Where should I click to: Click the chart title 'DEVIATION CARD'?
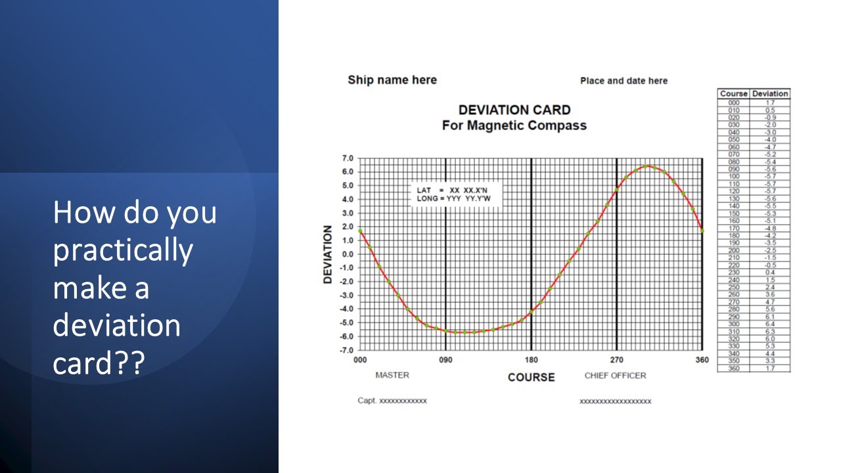tap(514, 110)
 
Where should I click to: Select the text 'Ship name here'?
tap(392, 80)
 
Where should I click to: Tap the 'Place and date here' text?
tap(624, 81)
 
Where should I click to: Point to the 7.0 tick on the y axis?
tap(346, 158)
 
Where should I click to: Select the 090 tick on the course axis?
tap(445, 360)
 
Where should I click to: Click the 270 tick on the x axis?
tap(616, 360)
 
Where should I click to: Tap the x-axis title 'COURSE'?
tap(531, 377)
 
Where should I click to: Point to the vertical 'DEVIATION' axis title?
tap(328, 254)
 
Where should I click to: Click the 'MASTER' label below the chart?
tap(392, 375)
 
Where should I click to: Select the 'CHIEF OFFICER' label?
tap(615, 376)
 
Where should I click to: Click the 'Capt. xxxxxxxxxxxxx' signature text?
tap(392, 401)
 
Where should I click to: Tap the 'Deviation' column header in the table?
tap(769, 94)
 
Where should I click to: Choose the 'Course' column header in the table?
tap(733, 94)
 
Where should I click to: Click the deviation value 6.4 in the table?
tap(769, 324)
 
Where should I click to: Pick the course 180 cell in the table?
tap(733, 235)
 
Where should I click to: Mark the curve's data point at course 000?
tap(360, 231)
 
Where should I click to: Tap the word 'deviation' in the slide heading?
tap(116, 325)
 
